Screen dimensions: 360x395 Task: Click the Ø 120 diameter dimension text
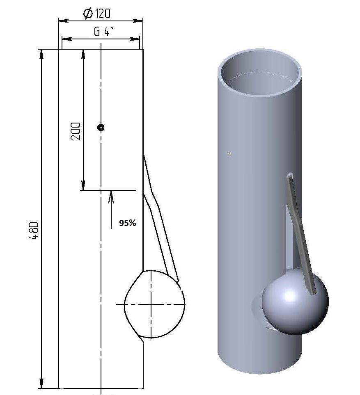coord(96,14)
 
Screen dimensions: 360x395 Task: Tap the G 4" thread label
coord(103,32)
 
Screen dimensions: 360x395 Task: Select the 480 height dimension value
coord(34,231)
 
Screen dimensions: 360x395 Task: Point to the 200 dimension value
coord(76,131)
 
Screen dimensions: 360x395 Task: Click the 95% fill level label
coord(128,223)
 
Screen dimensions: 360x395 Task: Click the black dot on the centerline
coord(101,128)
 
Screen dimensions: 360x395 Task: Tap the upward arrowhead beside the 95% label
coord(111,197)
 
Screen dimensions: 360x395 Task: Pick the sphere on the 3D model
coord(295,301)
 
